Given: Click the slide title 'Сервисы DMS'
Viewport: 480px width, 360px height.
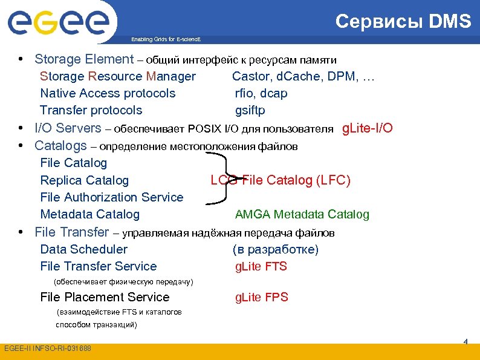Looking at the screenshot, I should pos(403,22).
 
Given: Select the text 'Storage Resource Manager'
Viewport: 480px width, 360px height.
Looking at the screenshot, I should pos(118,76).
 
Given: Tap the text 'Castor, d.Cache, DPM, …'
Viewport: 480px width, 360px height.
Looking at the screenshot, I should pos(303,76).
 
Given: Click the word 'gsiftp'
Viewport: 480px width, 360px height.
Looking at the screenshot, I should pos(250,110).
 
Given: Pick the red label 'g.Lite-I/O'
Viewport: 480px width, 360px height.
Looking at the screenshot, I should pos(368,128).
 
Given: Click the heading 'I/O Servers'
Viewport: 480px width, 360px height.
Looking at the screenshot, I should pos(68,128).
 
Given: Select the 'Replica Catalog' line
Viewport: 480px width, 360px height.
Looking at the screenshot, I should pos(84,180).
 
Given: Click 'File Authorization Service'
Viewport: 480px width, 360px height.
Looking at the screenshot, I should pos(111,197).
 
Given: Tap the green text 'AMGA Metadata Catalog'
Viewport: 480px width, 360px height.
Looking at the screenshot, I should pos(302,214).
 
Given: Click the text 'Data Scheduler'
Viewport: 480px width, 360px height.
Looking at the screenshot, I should pos(83,249).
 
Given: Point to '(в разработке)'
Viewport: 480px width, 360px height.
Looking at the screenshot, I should pos(275,249).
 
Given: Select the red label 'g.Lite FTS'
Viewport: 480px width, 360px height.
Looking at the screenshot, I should pos(261,266).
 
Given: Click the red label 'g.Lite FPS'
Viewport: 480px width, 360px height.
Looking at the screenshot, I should pos(261,297).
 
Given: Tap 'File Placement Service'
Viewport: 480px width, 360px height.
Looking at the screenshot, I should pos(105,297).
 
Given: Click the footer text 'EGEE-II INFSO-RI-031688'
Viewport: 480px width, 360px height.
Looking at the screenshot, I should pos(48,349).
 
